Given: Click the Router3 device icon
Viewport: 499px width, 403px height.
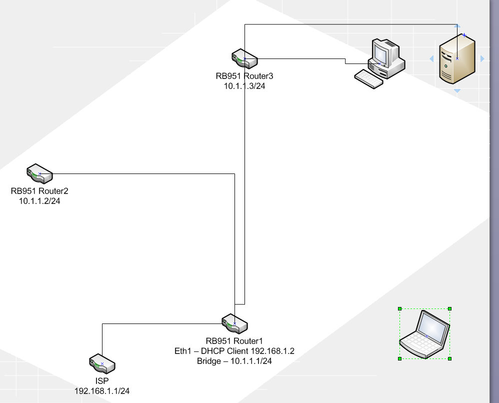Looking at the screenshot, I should point(244,59).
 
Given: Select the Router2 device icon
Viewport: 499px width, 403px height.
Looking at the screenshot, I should point(39,173).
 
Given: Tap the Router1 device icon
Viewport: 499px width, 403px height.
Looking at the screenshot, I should point(234,323).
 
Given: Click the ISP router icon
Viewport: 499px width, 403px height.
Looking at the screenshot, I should point(102,363).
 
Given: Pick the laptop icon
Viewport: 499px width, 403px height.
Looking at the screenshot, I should point(424,334).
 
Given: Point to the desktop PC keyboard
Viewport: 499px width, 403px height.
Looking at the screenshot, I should point(368,79).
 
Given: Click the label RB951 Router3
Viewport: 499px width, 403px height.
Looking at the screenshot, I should point(244,76).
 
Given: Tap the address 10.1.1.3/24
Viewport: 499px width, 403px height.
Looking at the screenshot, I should point(244,85).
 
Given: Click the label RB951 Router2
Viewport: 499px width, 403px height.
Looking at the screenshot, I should point(39,191).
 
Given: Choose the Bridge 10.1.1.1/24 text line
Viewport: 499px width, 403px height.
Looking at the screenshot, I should point(234,361).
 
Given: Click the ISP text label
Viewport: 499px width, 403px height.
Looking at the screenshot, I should point(102,381).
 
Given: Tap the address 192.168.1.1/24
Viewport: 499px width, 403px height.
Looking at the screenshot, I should point(102,391).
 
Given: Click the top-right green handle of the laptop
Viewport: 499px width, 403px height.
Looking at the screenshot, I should point(450,308).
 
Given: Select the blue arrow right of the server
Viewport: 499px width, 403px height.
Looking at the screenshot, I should point(482,59).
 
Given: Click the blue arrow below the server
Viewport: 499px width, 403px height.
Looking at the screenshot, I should point(457,91).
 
